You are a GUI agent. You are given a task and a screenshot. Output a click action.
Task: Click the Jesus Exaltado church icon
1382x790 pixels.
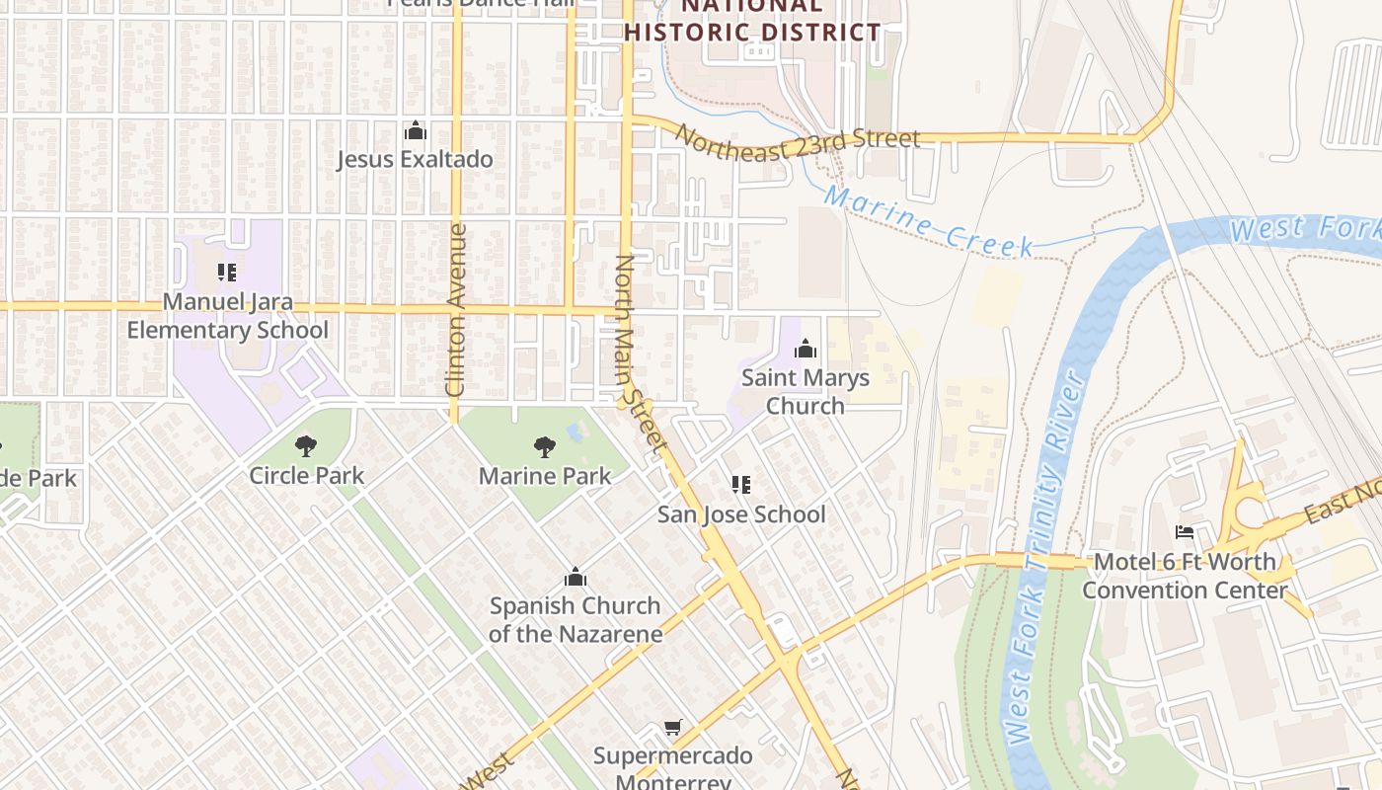coord(416,131)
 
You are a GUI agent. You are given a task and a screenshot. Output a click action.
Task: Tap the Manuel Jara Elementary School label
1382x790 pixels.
coord(227,316)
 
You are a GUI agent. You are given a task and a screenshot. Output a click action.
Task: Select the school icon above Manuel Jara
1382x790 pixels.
coord(227,272)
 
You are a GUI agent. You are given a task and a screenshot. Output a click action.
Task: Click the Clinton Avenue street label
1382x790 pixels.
coord(456,310)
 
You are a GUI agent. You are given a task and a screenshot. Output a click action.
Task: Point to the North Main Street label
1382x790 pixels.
coord(641,355)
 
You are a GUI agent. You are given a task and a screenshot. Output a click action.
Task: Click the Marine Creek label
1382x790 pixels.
coord(929,221)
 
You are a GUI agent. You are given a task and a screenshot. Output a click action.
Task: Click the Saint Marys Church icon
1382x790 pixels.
coord(806,349)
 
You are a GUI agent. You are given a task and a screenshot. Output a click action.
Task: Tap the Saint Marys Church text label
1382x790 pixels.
coord(806,391)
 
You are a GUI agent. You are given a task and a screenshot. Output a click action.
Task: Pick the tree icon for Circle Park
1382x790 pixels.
coord(306,446)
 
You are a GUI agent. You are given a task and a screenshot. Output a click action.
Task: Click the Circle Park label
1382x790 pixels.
coord(306,475)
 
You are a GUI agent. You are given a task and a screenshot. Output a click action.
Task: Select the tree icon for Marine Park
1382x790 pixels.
coord(544,447)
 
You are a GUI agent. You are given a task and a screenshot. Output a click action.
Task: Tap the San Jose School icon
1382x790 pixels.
coord(741,484)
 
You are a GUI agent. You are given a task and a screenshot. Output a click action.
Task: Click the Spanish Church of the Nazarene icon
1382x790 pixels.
coord(575,577)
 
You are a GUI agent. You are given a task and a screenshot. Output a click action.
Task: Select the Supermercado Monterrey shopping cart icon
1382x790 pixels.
coord(673,728)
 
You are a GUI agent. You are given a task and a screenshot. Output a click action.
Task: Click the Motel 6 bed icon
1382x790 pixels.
coord(1185,532)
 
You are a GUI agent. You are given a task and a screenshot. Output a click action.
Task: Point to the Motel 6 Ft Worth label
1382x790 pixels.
coord(1185,576)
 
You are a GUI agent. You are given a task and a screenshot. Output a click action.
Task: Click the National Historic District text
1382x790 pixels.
coord(752,20)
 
